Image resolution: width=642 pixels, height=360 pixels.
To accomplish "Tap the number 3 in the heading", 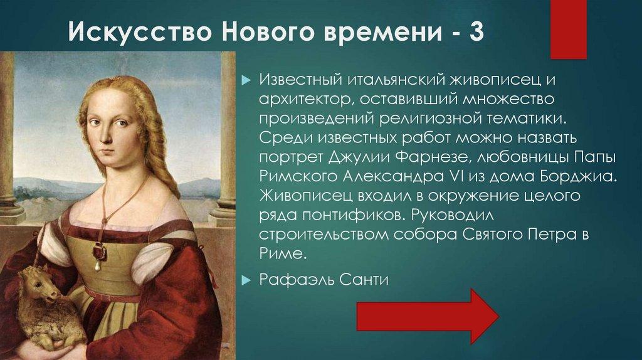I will (x=475, y=31).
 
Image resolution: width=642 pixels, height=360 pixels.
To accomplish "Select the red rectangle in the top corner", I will (x=568, y=28).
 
